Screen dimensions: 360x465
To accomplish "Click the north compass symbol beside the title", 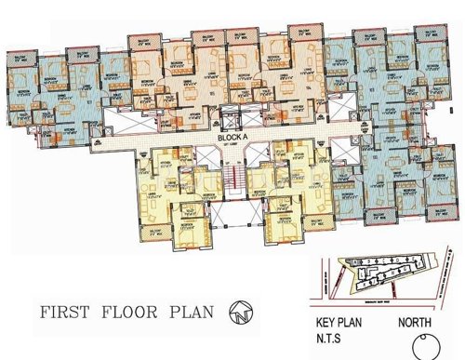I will pos(240,310).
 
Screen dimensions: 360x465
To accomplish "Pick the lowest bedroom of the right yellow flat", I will pos(284,228).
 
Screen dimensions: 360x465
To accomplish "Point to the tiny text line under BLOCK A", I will pos(232,146).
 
